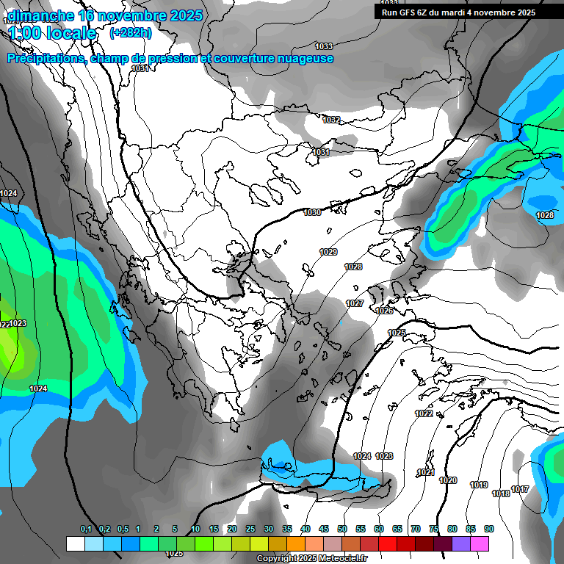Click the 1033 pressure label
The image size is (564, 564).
[x=323, y=46]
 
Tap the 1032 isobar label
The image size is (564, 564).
[x=331, y=120]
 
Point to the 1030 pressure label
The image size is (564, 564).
[x=312, y=212]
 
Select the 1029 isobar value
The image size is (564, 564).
[x=328, y=252]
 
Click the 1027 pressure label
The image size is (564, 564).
[x=355, y=303]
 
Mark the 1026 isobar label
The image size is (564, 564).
[x=384, y=311]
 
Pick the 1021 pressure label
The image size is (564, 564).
[x=426, y=472]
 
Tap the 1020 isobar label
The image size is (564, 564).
[x=448, y=480]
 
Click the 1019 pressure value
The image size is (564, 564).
[x=479, y=485]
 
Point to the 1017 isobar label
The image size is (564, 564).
[x=520, y=489]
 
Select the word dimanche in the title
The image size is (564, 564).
[x=41, y=15]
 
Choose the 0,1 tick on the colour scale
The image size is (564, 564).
[x=86, y=529]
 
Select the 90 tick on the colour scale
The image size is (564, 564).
[x=488, y=529]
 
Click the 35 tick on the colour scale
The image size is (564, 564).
[x=287, y=529]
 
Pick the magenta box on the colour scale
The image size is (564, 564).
[x=480, y=543]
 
